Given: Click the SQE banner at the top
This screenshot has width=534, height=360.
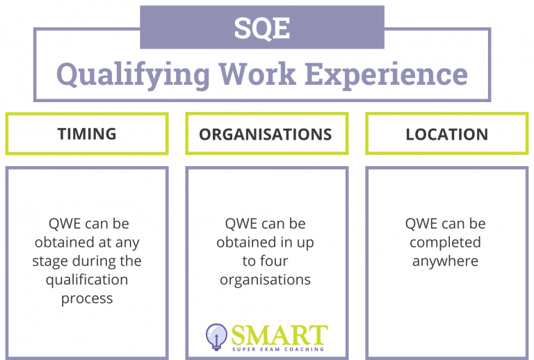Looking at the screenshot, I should (x=262, y=28).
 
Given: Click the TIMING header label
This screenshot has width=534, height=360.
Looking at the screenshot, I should (x=87, y=134).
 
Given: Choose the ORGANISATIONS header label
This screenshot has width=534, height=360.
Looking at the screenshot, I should (x=266, y=134).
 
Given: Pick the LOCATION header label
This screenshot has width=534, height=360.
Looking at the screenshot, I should (x=447, y=134).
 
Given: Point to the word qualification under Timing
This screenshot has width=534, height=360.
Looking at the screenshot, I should (x=87, y=280).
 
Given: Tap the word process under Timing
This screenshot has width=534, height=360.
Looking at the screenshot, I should (x=87, y=299).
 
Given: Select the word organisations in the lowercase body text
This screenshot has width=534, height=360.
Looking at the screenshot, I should (x=266, y=280).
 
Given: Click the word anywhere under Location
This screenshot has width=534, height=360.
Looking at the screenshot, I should (x=445, y=261).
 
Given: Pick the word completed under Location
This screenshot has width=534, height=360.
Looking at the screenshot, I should (x=445, y=243).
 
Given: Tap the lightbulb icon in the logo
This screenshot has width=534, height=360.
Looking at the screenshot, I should (x=216, y=336).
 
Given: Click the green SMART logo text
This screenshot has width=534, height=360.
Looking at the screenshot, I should (x=278, y=334).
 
